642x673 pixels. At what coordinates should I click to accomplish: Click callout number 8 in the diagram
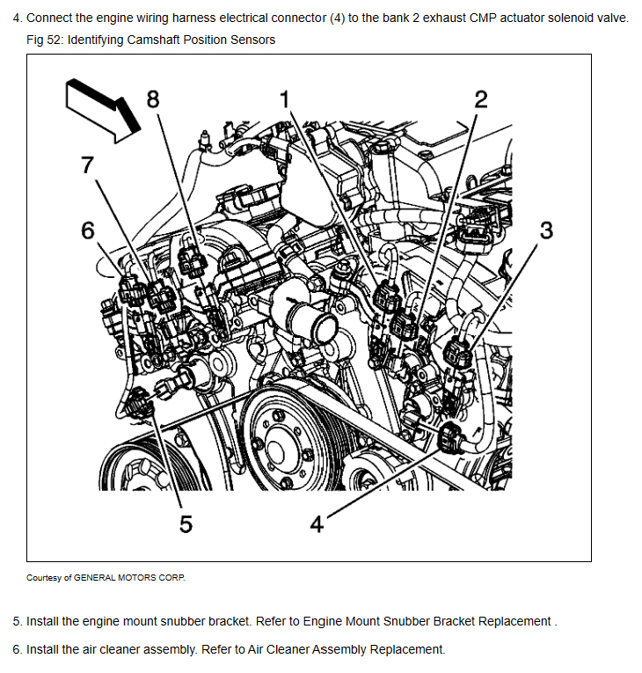tap(154, 98)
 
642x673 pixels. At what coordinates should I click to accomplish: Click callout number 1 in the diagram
tap(284, 99)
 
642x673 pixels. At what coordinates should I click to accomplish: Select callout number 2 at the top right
tap(480, 99)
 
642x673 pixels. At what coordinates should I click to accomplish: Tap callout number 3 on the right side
tap(547, 230)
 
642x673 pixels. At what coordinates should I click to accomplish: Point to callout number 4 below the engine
tap(317, 524)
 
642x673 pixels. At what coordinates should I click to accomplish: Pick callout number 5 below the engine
tap(185, 523)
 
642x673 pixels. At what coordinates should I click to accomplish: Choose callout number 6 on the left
tap(87, 230)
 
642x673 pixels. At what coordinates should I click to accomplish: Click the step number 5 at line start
tap(17, 621)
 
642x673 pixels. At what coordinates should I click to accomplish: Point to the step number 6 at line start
tap(17, 650)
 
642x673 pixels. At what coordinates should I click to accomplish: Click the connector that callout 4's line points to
tap(448, 434)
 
